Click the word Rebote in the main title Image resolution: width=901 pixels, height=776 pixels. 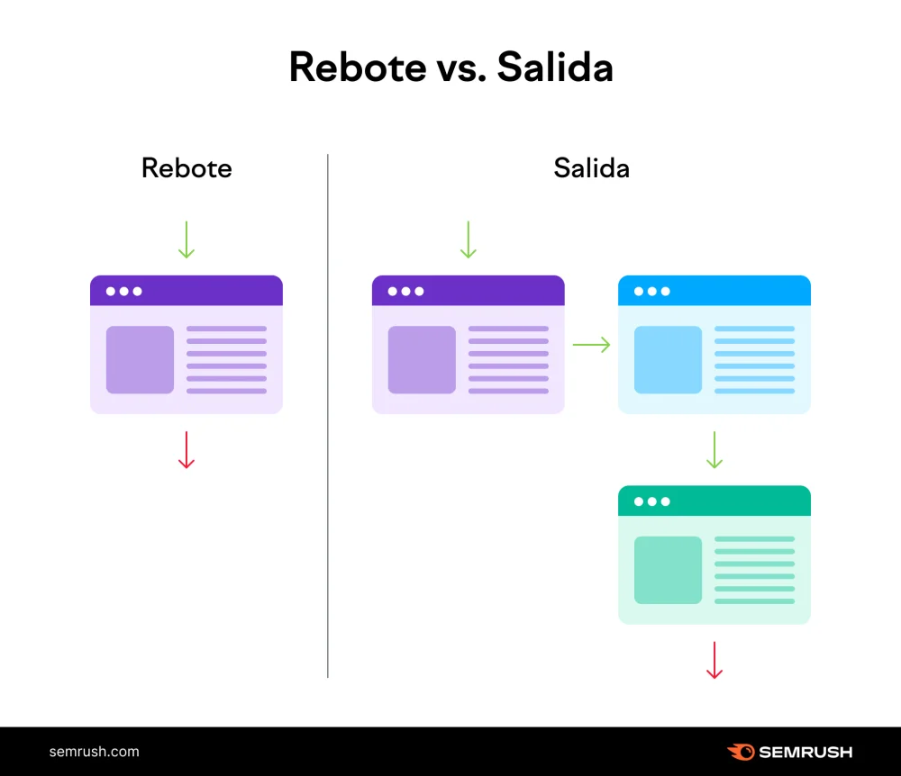[358, 68]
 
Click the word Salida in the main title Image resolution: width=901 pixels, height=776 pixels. [555, 67]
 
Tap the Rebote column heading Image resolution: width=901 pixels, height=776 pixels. [187, 168]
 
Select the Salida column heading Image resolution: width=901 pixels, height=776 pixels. [591, 168]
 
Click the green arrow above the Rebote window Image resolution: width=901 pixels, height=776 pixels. [187, 239]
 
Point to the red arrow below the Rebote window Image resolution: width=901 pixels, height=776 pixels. [187, 450]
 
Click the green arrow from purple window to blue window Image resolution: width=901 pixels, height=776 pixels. [591, 345]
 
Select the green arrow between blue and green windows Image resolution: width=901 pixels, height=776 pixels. [714, 450]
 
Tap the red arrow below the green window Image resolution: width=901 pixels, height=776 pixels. [714, 660]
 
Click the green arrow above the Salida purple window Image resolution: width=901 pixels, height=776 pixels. [469, 239]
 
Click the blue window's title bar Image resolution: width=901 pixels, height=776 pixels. [714, 291]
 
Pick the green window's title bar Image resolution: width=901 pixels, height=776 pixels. [714, 501]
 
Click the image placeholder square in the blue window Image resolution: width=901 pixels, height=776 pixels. [668, 360]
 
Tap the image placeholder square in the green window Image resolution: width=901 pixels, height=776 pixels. [668, 570]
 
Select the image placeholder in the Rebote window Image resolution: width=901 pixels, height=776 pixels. [140, 360]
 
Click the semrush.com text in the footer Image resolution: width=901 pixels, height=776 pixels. [95, 752]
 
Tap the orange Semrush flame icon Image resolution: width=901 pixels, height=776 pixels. [742, 752]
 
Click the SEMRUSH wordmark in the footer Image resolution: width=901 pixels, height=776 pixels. [805, 752]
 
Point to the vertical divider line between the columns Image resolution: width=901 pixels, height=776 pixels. [328, 416]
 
